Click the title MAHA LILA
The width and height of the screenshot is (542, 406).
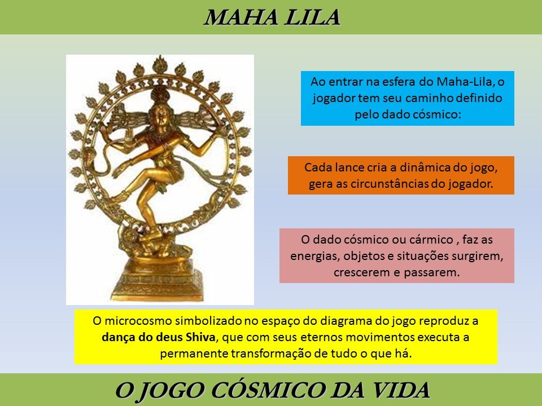pos(272,17)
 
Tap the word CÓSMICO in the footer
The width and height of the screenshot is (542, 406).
pos(268,390)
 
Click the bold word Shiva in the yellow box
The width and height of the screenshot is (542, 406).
pos(200,337)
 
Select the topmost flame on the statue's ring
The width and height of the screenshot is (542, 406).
pos(160,64)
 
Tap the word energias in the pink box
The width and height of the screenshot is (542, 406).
pos(315,256)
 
